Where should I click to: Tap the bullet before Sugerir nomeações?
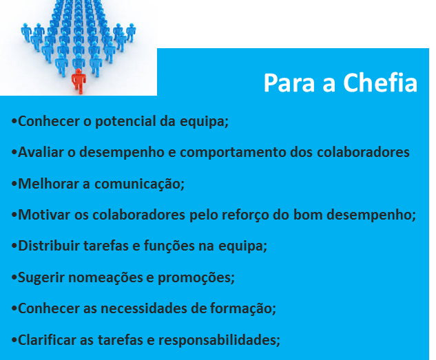pos(14,278)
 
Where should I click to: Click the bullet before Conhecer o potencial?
pos(14,122)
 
